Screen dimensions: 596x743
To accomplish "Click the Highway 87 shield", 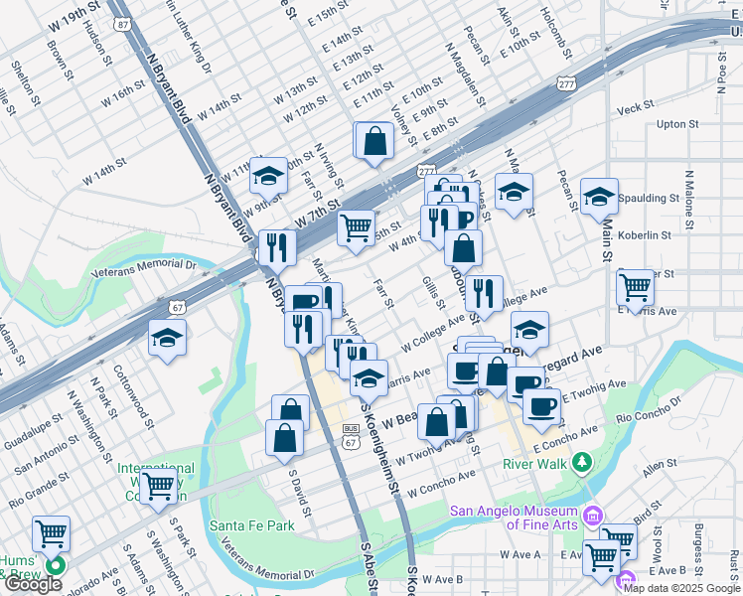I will pos(121,23).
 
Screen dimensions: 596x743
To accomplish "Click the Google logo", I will pos(33,584).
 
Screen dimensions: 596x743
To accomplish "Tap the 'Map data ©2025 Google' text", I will pos(681,587).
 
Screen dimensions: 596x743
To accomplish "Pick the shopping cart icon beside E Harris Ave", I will pos(635,287).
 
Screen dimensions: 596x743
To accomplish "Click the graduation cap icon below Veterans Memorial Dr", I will pos(167,339).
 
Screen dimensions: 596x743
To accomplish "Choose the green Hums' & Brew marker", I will pos(54,566).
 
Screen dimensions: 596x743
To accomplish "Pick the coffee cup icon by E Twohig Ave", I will pos(541,405).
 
